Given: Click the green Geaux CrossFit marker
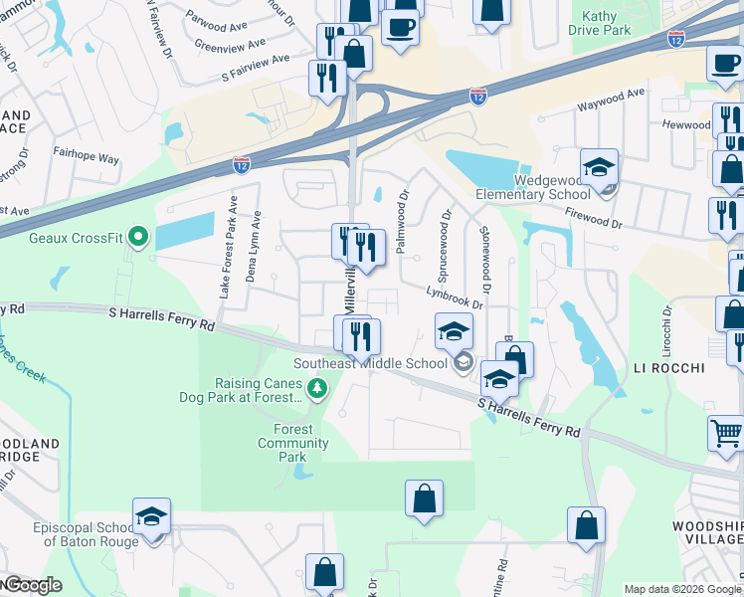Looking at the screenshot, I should click(x=138, y=238).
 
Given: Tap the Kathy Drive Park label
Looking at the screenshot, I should click(x=600, y=23).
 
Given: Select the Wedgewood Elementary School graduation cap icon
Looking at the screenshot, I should click(x=600, y=167).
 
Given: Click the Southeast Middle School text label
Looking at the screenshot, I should click(x=370, y=363).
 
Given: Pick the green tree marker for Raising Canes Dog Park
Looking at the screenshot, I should click(x=316, y=388).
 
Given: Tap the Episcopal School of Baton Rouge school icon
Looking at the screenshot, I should click(x=152, y=516).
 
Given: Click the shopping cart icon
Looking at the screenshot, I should click(x=726, y=434).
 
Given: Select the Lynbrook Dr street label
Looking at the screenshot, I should click(x=455, y=297).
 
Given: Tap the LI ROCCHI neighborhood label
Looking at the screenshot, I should click(x=669, y=368).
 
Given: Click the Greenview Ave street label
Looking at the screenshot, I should click(x=230, y=45).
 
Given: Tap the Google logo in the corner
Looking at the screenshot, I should click(x=33, y=585).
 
